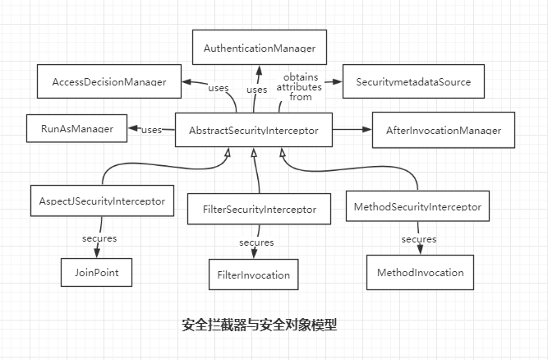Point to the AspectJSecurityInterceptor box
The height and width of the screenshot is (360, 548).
[x=103, y=200]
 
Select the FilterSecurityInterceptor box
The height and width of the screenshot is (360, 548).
[x=259, y=209]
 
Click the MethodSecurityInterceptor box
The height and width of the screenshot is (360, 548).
[x=418, y=205]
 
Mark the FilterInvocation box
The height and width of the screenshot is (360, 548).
[x=253, y=273]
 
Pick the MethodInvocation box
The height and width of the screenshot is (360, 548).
[x=421, y=272]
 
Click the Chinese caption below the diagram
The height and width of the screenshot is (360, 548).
[x=259, y=325]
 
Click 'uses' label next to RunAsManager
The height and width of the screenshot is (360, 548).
[x=151, y=129]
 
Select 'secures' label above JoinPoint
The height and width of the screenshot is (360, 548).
[x=99, y=238]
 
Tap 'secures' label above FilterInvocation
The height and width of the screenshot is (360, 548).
[x=256, y=242]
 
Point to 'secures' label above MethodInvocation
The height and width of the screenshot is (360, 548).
[x=417, y=239]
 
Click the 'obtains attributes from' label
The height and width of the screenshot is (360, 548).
[x=293, y=87]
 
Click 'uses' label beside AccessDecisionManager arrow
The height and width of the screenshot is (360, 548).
[x=218, y=88]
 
